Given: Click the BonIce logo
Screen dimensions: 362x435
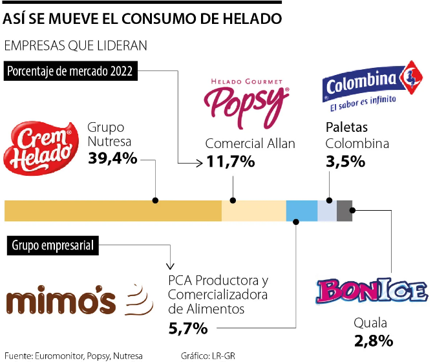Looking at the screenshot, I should (x=373, y=292).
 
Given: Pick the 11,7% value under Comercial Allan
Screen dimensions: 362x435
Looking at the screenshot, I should (x=230, y=162).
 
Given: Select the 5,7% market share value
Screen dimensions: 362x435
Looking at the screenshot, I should (x=187, y=329).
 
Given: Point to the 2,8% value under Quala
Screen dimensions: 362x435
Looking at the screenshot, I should (x=374, y=340).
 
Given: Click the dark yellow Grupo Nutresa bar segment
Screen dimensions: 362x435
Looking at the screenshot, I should (x=113, y=211).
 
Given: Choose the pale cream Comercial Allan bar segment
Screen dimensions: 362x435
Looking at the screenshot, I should (x=253, y=211).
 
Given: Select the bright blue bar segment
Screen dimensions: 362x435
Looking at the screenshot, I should (x=301, y=211).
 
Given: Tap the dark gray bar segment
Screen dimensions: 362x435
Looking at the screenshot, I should (x=345, y=211).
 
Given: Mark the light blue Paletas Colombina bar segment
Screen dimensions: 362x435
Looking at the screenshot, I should (x=327, y=211).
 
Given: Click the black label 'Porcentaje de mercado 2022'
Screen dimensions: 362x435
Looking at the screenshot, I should (x=70, y=71).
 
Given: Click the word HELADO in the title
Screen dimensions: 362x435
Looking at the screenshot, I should (x=253, y=19).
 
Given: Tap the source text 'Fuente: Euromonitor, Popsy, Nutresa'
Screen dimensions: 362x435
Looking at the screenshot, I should (x=73, y=355).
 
